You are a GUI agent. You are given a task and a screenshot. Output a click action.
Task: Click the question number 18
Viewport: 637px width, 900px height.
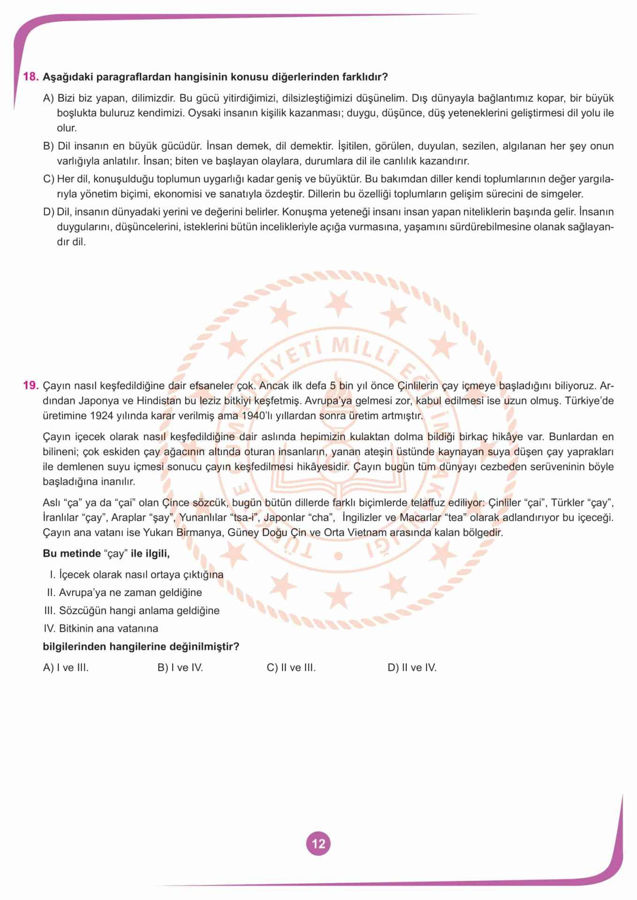tap(30, 77)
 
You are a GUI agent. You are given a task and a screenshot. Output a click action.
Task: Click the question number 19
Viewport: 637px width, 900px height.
tap(30, 386)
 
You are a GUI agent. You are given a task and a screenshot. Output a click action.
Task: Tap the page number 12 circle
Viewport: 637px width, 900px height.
tap(318, 844)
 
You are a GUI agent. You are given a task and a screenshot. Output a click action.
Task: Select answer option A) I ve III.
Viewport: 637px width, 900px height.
tap(66, 667)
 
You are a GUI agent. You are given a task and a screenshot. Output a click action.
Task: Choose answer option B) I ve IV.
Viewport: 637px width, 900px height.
tap(180, 667)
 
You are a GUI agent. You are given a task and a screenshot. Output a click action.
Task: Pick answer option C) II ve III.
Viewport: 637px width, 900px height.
tap(291, 667)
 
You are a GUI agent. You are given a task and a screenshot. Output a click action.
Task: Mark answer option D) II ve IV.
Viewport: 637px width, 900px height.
tap(412, 667)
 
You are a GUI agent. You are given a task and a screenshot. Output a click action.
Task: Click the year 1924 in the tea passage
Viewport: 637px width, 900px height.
tap(101, 416)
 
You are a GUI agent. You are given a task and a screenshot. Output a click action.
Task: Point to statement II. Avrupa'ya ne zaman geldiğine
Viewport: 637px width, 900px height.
tap(124, 592)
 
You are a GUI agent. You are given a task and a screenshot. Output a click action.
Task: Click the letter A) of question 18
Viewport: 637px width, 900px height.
tap(49, 98)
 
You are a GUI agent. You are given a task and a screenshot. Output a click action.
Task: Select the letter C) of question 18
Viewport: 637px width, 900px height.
tap(49, 179)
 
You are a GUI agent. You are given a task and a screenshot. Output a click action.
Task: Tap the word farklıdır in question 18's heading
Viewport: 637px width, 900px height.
tap(367, 77)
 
